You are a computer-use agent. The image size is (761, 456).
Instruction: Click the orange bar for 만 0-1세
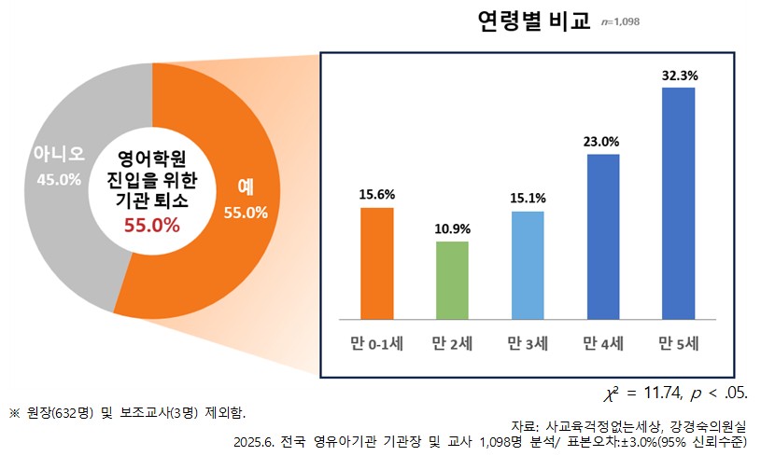pyautogui.click(x=377, y=262)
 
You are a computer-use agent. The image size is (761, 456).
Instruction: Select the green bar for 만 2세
pyautogui.click(x=452, y=280)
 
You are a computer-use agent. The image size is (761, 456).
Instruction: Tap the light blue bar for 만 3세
pyautogui.click(x=528, y=265)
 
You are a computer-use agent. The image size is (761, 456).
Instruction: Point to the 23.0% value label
pyautogui.click(x=603, y=142)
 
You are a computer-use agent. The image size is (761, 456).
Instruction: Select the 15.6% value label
pyautogui.click(x=377, y=195)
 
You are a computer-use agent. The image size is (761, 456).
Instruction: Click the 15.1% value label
pyautogui.click(x=528, y=199)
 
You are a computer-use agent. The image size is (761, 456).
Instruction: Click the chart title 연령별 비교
pyautogui.click(x=534, y=21)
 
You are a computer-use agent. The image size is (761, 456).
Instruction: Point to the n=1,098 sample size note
pyautogui.click(x=621, y=22)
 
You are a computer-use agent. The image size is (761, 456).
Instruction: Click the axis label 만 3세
pyautogui.click(x=528, y=343)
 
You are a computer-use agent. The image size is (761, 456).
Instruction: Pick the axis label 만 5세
pyautogui.click(x=679, y=343)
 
